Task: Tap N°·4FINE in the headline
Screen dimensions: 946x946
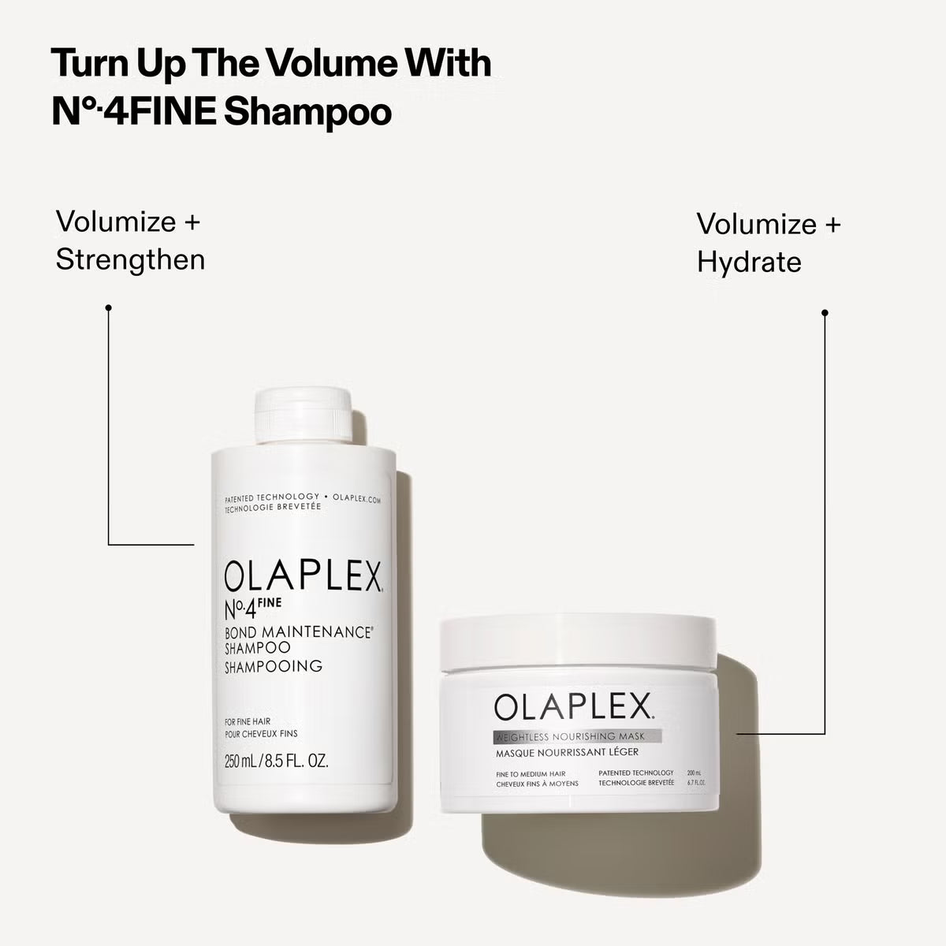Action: pyautogui.click(x=133, y=112)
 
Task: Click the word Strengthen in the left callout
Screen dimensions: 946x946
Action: pyautogui.click(x=130, y=259)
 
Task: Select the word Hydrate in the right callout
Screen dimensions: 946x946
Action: pyautogui.click(x=748, y=263)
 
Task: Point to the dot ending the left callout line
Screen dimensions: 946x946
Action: pyautogui.click(x=108, y=307)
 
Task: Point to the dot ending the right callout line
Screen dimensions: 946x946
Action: pyautogui.click(x=825, y=313)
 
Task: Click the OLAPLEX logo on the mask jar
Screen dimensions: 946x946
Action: pyautogui.click(x=574, y=706)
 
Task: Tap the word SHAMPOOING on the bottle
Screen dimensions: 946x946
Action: pyautogui.click(x=274, y=666)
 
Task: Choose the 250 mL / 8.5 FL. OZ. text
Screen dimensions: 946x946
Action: pyautogui.click(x=276, y=762)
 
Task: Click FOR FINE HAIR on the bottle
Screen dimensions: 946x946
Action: pyautogui.click(x=248, y=721)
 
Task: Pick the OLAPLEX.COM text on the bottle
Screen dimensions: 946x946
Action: pyautogui.click(x=357, y=498)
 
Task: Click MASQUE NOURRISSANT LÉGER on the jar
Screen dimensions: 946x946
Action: pyautogui.click(x=566, y=752)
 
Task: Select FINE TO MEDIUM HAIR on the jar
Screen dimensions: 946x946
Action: pyautogui.click(x=531, y=774)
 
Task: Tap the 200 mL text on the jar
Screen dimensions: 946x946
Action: pyautogui.click(x=695, y=773)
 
